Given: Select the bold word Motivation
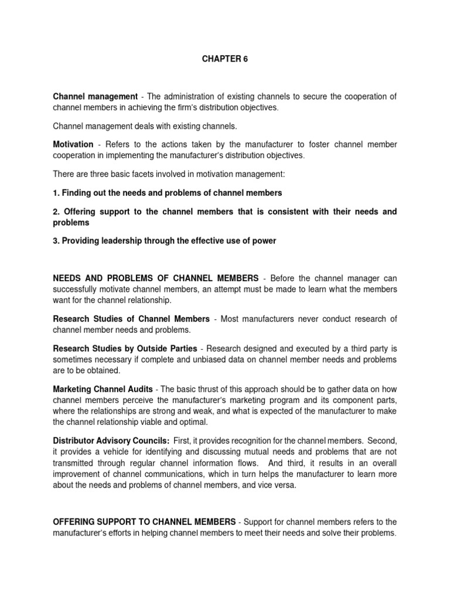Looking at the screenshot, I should click(73, 144).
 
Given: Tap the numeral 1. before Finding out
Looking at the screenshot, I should click(56, 193).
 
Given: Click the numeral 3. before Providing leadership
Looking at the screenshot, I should click(56, 241).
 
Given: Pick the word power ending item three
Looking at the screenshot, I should click(264, 241).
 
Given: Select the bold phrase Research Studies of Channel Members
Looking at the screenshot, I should click(131, 319).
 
